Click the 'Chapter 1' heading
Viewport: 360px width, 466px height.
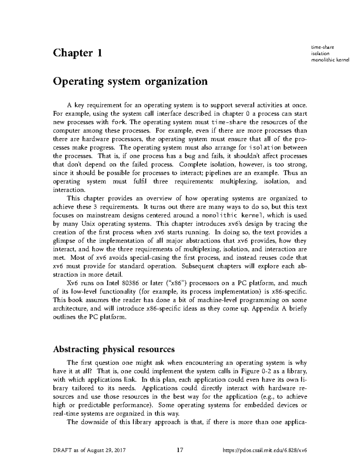pyautogui.click(x=77, y=53)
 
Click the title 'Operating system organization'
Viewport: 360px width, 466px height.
pyautogui.click(x=130, y=81)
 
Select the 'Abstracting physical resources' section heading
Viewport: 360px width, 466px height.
pyautogui.click(x=113, y=349)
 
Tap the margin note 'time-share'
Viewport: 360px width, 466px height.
pyautogui.click(x=323, y=47)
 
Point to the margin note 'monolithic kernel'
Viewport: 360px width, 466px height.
pyautogui.click(x=331, y=60)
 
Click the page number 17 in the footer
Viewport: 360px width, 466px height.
pyautogui.click(x=180, y=450)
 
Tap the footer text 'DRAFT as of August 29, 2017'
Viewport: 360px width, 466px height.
pyautogui.click(x=89, y=450)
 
